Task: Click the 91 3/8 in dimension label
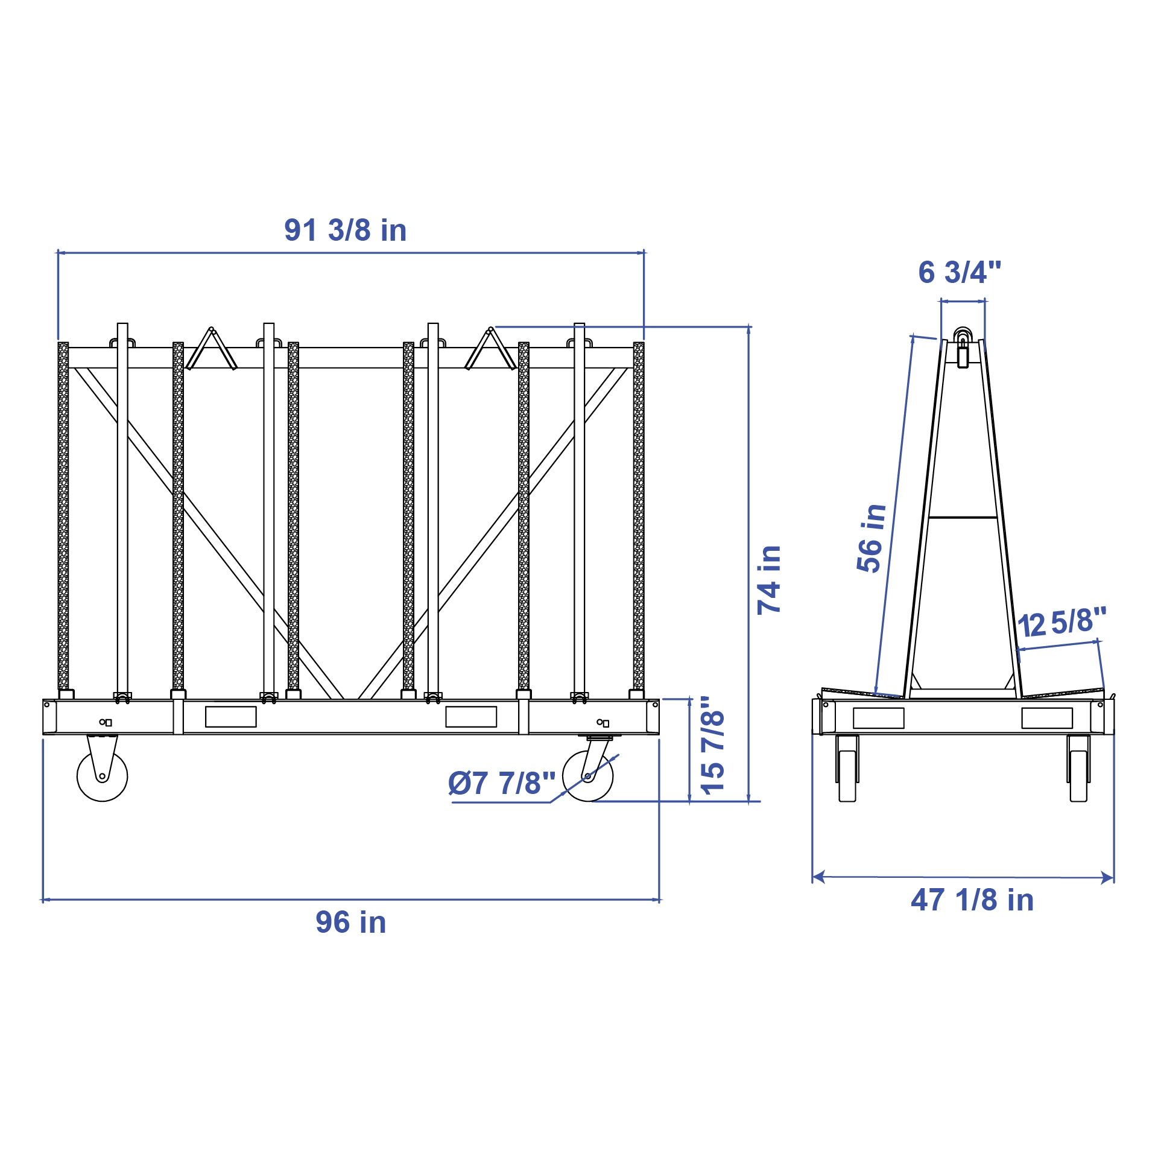(345, 230)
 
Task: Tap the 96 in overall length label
(350, 922)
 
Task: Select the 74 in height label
(769, 580)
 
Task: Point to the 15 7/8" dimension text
(712, 746)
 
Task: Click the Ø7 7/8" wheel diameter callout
(501, 783)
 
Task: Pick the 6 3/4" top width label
(960, 273)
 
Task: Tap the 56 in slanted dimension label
(871, 538)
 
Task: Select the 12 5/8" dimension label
(1061, 623)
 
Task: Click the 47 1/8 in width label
(972, 900)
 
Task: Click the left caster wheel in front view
(103, 776)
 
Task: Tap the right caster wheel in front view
(587, 776)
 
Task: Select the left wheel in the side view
(847, 775)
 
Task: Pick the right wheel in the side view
(1078, 775)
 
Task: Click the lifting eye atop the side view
(963, 335)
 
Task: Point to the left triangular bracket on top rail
(211, 350)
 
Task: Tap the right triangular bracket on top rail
(490, 350)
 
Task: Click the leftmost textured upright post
(63, 516)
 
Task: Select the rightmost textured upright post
(639, 516)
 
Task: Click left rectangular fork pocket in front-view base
(230, 717)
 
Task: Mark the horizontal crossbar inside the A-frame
(962, 517)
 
